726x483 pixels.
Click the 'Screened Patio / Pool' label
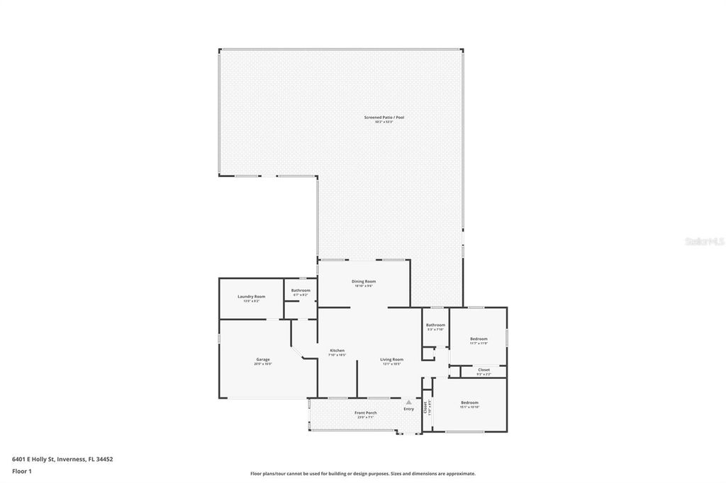point(384,117)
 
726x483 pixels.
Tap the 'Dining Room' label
point(364,281)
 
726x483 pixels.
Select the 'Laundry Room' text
point(251,296)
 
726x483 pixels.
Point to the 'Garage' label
point(262,359)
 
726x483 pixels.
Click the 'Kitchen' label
point(337,351)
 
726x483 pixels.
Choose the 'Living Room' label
point(391,359)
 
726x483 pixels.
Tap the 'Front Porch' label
point(366,412)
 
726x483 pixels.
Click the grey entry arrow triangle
point(408,402)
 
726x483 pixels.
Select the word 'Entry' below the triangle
point(408,409)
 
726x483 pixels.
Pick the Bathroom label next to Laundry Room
point(301,290)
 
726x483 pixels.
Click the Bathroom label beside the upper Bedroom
point(435,325)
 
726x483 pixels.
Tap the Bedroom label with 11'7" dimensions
point(479,339)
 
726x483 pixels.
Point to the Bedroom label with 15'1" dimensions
point(469,402)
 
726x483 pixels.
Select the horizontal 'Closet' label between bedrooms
point(484,370)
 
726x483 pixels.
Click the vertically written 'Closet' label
point(425,407)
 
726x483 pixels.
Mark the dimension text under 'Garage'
point(262,364)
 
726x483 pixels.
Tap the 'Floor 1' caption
point(22,471)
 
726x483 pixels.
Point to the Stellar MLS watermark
point(704,241)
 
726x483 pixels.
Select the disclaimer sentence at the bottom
point(362,474)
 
